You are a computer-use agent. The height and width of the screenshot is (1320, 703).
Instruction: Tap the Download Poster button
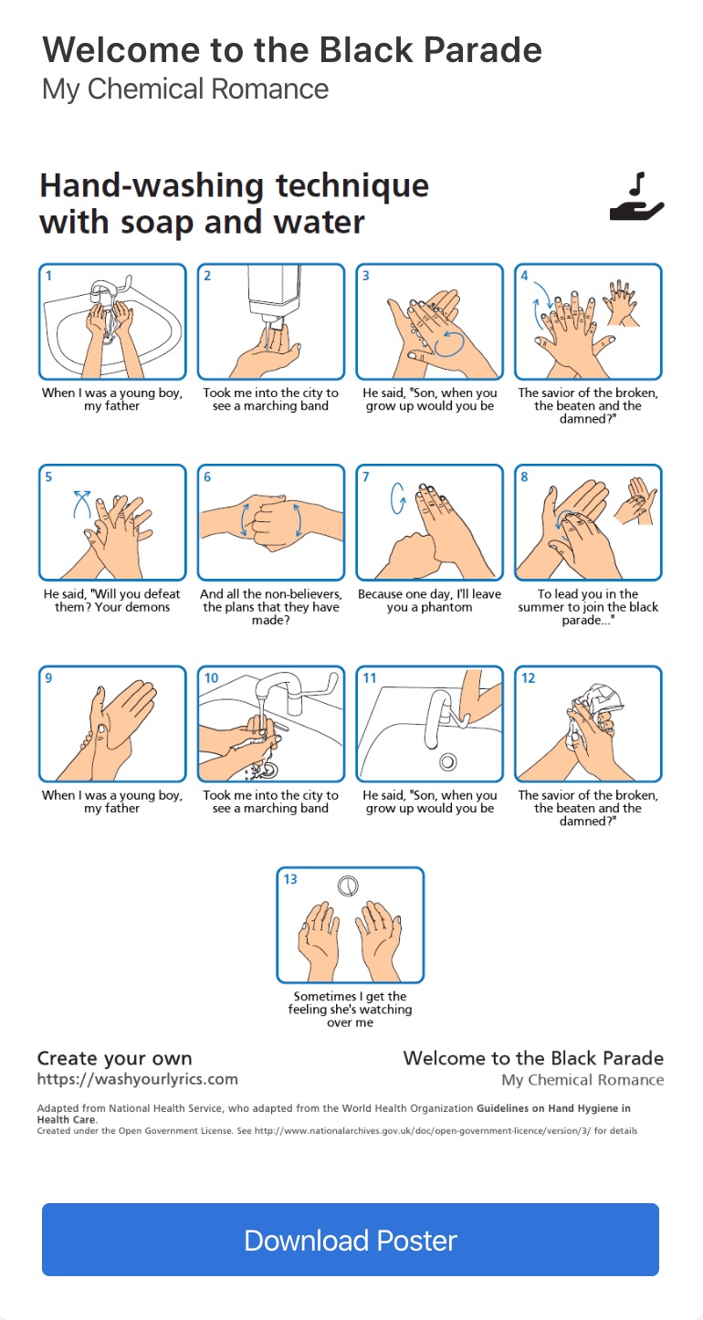click(350, 1240)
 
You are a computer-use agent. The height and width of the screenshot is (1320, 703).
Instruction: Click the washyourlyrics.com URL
click(137, 1079)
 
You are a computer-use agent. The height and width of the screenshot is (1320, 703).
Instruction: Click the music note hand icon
click(636, 197)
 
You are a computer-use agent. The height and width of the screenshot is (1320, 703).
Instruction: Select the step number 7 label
click(366, 477)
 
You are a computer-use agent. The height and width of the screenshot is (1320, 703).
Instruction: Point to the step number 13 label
click(290, 879)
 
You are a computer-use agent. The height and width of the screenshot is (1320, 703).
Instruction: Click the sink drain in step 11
click(448, 762)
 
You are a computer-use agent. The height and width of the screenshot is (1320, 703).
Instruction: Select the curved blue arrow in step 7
click(398, 499)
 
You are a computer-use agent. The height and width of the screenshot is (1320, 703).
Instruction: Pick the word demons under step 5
click(146, 607)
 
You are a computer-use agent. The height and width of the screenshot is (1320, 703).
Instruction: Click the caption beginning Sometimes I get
click(350, 1009)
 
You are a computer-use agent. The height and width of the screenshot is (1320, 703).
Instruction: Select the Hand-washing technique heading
click(234, 204)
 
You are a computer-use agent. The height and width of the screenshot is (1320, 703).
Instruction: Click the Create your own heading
click(115, 1058)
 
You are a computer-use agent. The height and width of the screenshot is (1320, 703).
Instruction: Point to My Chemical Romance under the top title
click(185, 89)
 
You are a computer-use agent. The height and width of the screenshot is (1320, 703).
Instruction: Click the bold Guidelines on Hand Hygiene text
click(333, 1114)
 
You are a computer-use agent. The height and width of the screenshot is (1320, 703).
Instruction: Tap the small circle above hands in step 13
click(348, 885)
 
